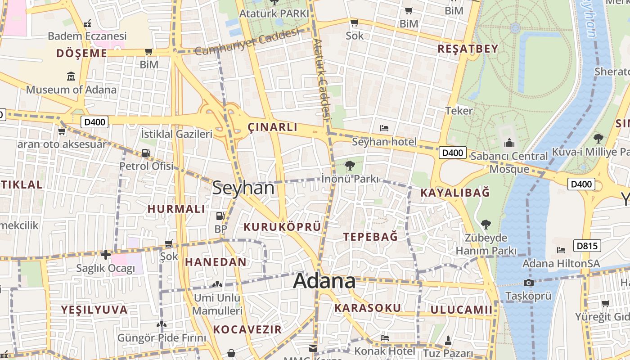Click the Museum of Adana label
click(71, 90)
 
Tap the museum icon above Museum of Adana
click(71, 76)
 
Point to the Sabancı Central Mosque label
click(509, 162)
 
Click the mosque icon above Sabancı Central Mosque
click(509, 143)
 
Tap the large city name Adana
click(324, 281)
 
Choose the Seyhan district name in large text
click(243, 188)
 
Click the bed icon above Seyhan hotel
click(384, 128)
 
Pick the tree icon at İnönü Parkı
click(350, 166)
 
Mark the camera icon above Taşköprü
click(529, 283)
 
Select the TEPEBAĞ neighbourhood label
click(370, 237)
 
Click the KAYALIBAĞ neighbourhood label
click(454, 193)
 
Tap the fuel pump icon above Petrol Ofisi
click(146, 153)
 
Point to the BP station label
click(220, 229)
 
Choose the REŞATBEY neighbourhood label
click(468, 49)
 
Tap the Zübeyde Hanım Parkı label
click(486, 244)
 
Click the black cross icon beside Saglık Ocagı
click(106, 255)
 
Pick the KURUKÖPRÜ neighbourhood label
click(282, 227)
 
